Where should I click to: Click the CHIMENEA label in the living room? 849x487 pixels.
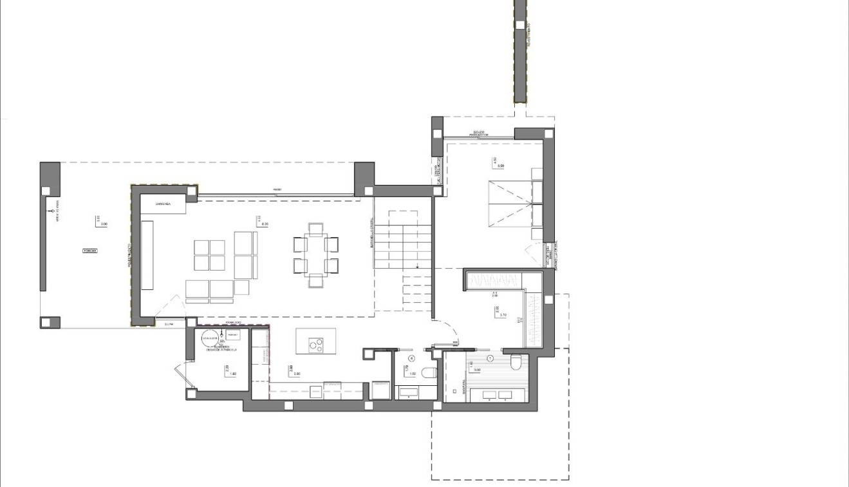point(162,205)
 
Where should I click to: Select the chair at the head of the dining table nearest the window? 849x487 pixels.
point(315,228)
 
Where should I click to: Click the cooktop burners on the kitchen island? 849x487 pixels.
point(315,345)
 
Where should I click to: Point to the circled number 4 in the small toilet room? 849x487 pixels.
point(411,358)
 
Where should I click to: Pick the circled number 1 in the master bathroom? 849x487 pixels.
point(490,358)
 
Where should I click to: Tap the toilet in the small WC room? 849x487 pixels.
point(430,373)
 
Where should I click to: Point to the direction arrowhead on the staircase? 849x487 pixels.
point(417,265)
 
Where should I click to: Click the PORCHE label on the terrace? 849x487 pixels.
point(89,250)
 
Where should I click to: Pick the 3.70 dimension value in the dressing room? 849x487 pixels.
point(504,315)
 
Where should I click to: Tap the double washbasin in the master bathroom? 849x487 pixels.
point(490,394)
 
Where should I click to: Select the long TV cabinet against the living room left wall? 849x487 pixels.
point(147,255)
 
